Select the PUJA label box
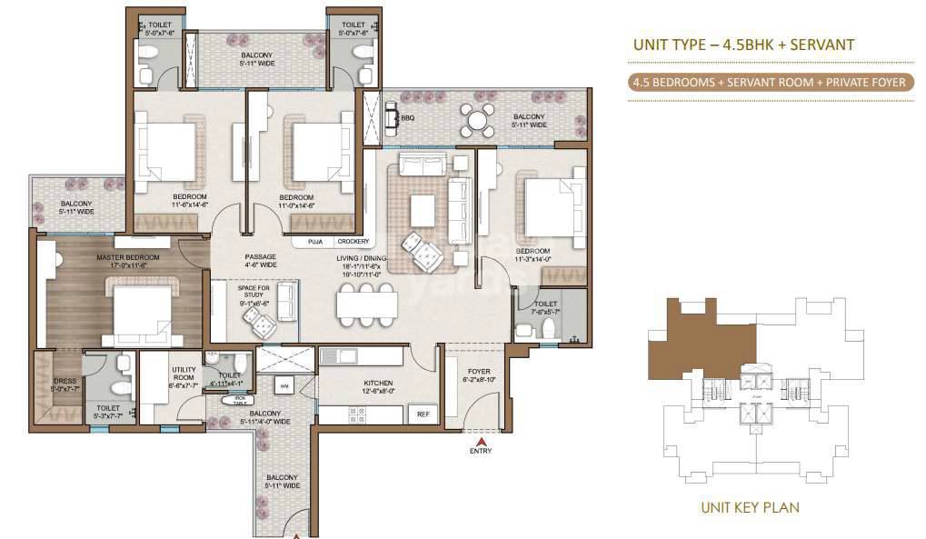314,242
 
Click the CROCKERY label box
353,242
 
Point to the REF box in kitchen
423,414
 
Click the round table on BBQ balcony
475,118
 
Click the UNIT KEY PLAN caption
750,507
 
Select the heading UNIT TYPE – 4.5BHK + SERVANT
742,44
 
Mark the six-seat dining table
367,303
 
